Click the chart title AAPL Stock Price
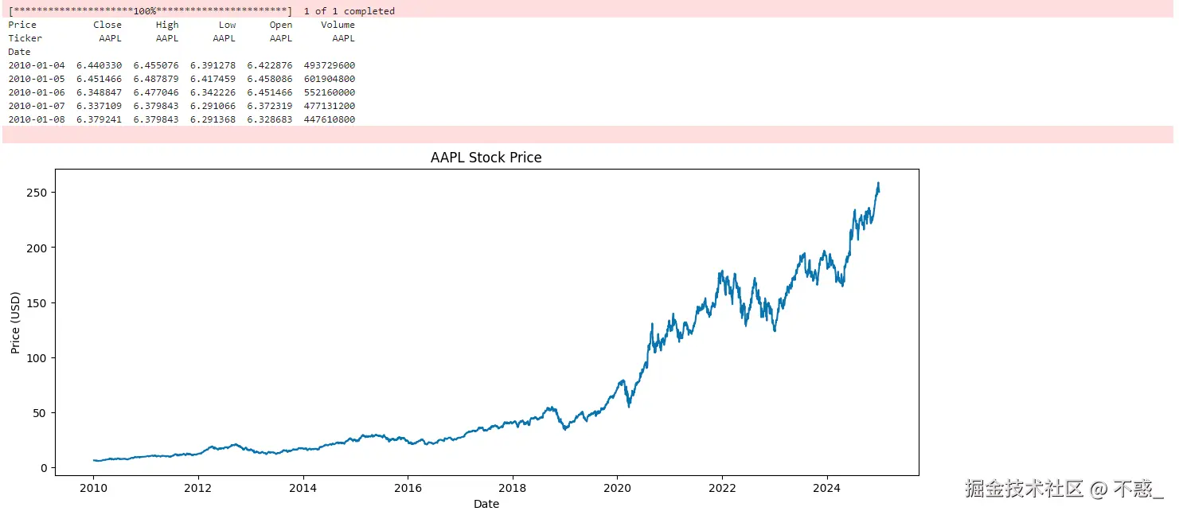(486, 158)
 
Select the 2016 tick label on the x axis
(408, 488)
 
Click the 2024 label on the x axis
(827, 488)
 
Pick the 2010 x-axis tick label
(93, 488)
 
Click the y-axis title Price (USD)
(15, 322)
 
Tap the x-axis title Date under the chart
(486, 504)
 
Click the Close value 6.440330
(100, 65)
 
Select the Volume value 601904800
(330, 79)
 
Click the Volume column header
(338, 25)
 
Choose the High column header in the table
(167, 25)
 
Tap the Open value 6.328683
(270, 119)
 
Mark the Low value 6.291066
(213, 106)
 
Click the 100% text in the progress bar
(145, 11)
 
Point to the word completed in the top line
(369, 11)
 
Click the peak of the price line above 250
(878, 183)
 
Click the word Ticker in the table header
(25, 38)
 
